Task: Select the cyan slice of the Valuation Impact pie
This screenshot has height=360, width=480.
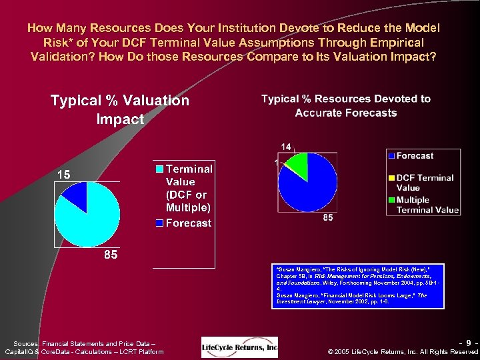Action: point(89,220)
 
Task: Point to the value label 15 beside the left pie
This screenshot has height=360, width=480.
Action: point(63,174)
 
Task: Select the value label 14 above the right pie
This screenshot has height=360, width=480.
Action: point(285,147)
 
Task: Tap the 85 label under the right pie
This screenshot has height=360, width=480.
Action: point(328,218)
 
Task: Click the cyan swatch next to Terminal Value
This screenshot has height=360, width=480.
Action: point(159,169)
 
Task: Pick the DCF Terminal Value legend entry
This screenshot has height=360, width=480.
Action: point(425,183)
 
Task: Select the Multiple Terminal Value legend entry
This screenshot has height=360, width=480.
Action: point(427,204)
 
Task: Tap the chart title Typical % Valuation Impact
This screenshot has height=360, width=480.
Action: point(120,109)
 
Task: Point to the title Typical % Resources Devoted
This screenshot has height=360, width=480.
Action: point(346,105)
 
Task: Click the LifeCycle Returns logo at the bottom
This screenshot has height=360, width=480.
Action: point(239,347)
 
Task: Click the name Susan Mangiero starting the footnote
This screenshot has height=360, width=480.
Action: point(299,269)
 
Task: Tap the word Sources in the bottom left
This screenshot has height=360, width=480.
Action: point(26,342)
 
